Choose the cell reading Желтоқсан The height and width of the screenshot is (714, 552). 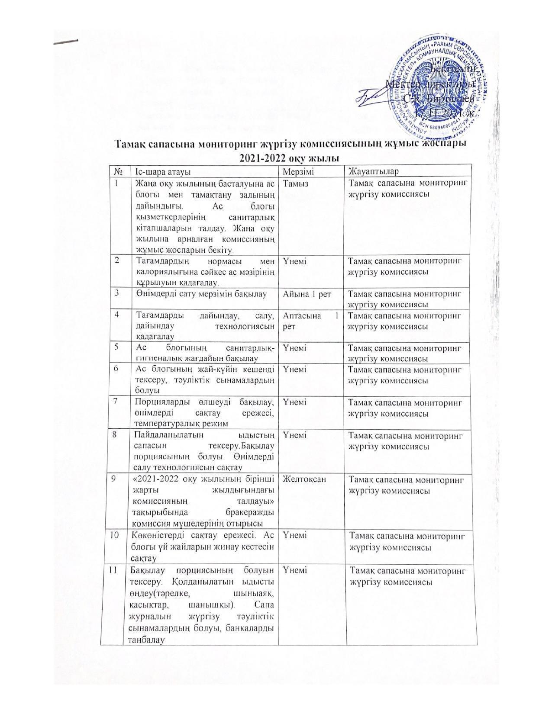pos(304,479)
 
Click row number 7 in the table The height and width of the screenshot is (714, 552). pos(116,402)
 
